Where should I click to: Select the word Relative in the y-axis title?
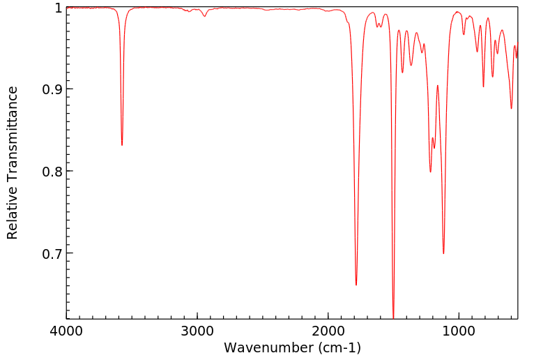pos(13,210)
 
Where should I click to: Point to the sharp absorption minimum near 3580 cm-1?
pos(122,145)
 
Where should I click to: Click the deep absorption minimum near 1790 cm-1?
pos(356,285)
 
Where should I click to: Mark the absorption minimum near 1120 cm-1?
pos(443,253)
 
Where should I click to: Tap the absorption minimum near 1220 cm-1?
pos(430,172)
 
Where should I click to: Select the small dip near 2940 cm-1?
pos(205,16)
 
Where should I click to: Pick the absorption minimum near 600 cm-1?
pos(511,108)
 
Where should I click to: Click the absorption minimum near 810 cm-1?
pos(483,87)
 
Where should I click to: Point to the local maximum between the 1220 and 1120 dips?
pos(437,86)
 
